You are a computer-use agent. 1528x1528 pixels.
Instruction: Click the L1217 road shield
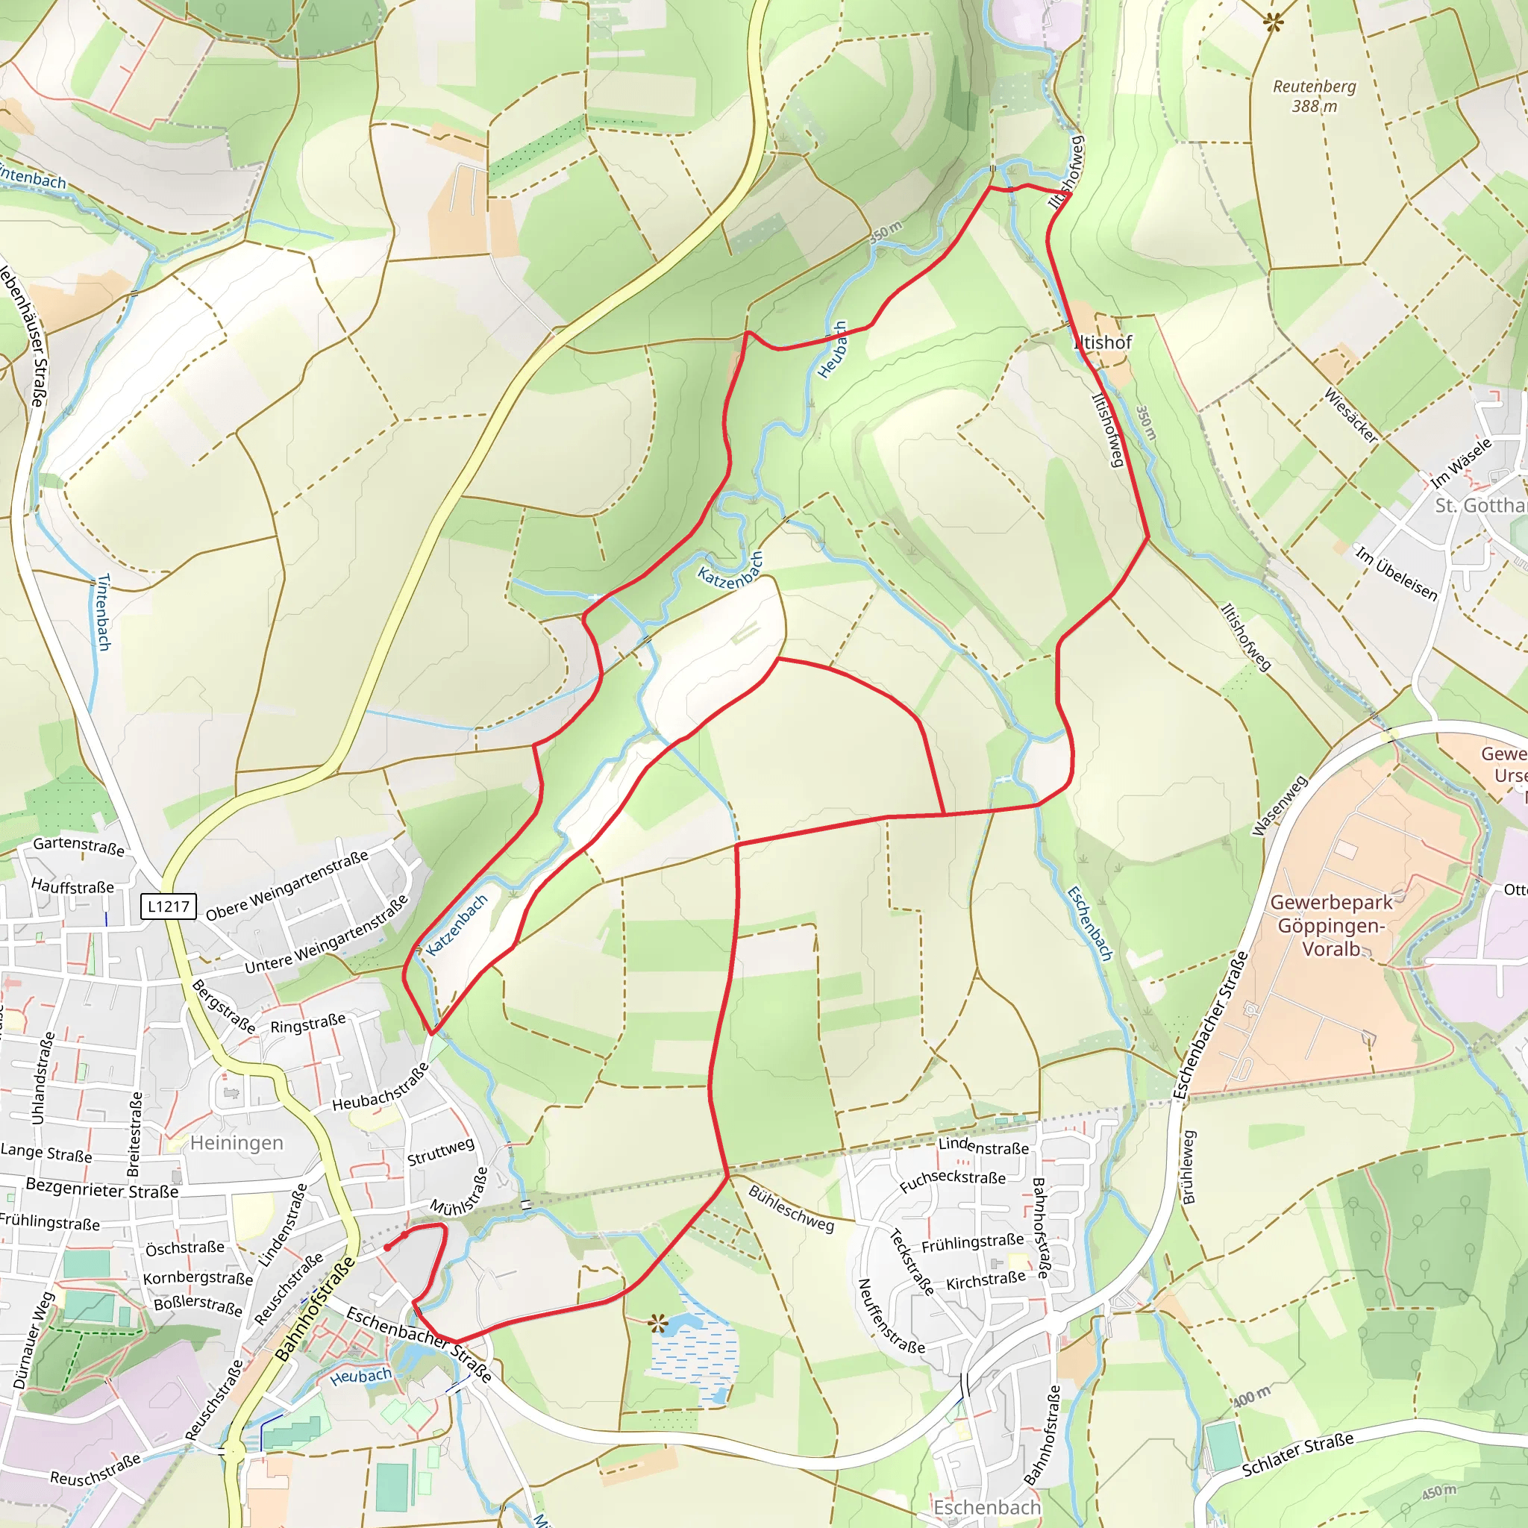(169, 907)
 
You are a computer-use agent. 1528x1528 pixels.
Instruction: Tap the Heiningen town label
(237, 1143)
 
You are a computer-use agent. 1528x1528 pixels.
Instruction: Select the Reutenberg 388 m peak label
(1314, 95)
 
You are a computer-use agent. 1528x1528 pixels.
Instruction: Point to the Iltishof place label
(1103, 342)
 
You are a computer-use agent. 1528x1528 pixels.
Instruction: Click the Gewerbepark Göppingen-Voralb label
(1332, 925)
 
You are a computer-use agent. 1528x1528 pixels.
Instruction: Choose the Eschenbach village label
(987, 1507)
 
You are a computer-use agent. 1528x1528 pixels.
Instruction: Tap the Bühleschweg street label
(791, 1209)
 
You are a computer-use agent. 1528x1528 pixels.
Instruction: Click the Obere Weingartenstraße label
(287, 886)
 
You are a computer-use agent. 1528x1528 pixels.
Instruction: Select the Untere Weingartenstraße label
(327, 934)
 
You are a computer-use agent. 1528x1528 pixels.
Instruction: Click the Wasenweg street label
(1280, 805)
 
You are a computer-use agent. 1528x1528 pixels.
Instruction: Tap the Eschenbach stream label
(1090, 923)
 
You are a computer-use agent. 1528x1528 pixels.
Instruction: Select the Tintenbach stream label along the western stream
(103, 612)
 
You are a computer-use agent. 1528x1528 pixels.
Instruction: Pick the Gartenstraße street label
(78, 846)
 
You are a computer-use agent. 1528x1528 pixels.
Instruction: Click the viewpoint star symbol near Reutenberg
(1274, 22)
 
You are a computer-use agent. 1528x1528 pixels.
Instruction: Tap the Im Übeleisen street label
(1396, 574)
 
